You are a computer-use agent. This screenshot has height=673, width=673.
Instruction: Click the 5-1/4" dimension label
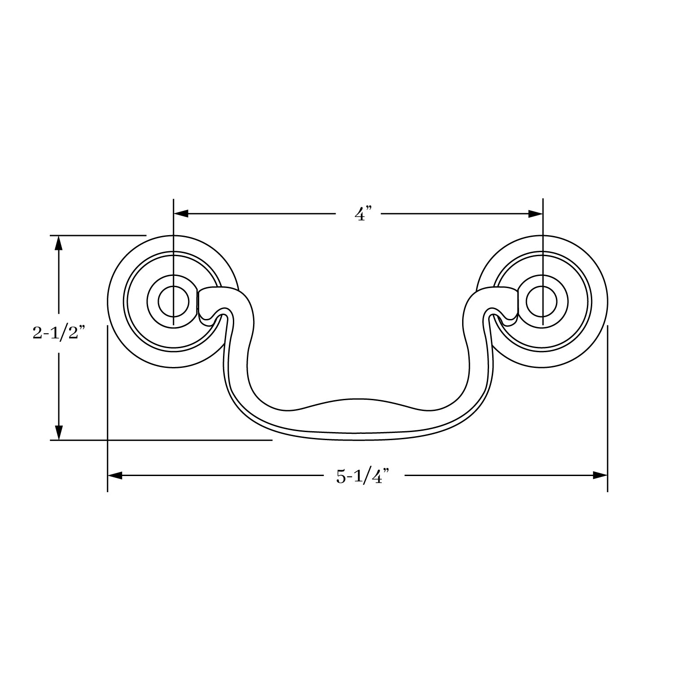point(362,476)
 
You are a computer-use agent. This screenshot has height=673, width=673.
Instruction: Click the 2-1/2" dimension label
point(59,333)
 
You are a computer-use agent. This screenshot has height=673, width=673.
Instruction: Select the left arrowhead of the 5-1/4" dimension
point(115,476)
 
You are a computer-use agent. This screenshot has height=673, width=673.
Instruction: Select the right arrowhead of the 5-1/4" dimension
point(600,476)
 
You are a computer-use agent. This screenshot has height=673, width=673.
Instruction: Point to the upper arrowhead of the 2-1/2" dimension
point(58,243)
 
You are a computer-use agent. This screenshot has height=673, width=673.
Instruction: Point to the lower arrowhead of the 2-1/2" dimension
point(58,433)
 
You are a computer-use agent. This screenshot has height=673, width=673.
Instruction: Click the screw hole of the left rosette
point(173,302)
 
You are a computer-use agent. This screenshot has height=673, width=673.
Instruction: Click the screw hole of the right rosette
point(542,302)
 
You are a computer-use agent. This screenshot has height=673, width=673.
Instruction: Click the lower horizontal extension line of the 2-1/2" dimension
point(179,440)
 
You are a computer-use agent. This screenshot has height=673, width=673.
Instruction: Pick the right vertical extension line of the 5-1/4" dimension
point(607,404)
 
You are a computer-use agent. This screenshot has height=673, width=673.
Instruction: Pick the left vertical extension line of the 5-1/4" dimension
point(108,404)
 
